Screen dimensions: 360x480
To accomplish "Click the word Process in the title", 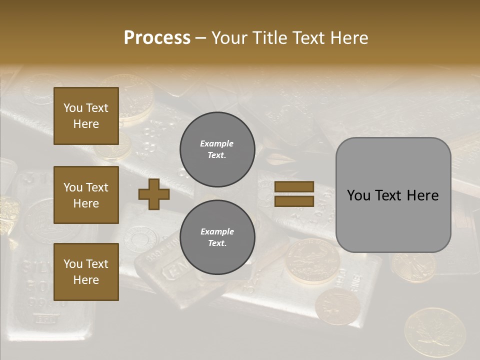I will (x=157, y=38).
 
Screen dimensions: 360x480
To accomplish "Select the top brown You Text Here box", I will (x=86, y=116).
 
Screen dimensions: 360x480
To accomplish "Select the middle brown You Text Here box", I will (x=86, y=195).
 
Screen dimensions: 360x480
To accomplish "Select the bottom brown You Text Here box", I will (x=86, y=272).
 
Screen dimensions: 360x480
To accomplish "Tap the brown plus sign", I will (x=154, y=194).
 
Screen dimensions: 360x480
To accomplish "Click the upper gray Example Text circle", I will (x=217, y=149).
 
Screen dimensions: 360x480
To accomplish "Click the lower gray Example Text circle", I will (x=217, y=237).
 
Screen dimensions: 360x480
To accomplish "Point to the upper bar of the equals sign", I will (x=294, y=186).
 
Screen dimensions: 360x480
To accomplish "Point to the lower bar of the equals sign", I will (x=294, y=201).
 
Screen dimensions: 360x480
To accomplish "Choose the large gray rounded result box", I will (x=393, y=195).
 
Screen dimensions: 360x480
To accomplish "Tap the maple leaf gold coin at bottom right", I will (x=434, y=331).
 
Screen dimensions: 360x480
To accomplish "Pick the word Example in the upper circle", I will (x=217, y=143).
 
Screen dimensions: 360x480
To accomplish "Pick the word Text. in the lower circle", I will (x=217, y=243).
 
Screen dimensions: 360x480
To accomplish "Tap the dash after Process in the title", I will (x=201, y=38).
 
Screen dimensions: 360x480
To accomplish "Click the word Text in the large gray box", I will (x=392, y=195).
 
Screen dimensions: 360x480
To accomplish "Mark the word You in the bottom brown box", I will (x=73, y=264).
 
